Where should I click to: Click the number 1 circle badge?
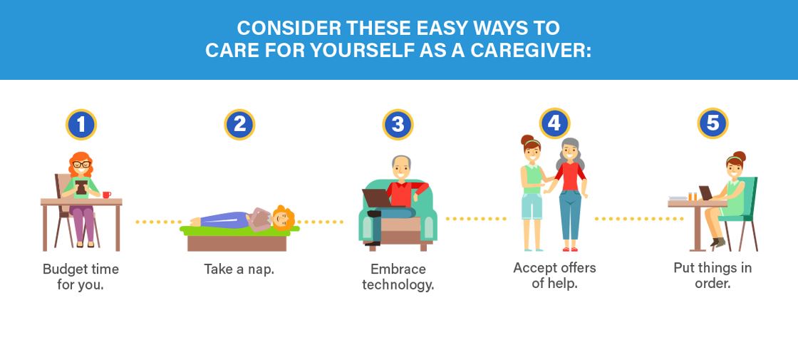click(x=81, y=124)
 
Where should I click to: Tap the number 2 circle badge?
click(x=239, y=124)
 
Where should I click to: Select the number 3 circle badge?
click(x=398, y=124)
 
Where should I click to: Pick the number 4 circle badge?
click(x=555, y=123)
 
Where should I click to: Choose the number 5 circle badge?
click(x=712, y=123)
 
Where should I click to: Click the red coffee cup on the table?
click(x=106, y=195)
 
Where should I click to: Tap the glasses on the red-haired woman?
click(x=81, y=164)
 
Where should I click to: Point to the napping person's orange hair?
click(x=285, y=217)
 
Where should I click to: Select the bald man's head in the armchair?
click(x=401, y=167)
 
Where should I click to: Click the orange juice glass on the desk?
click(x=692, y=197)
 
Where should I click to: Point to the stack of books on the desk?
click(x=678, y=198)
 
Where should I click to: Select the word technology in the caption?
click(x=398, y=284)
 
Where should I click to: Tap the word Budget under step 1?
click(x=63, y=269)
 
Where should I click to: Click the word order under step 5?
click(x=712, y=283)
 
